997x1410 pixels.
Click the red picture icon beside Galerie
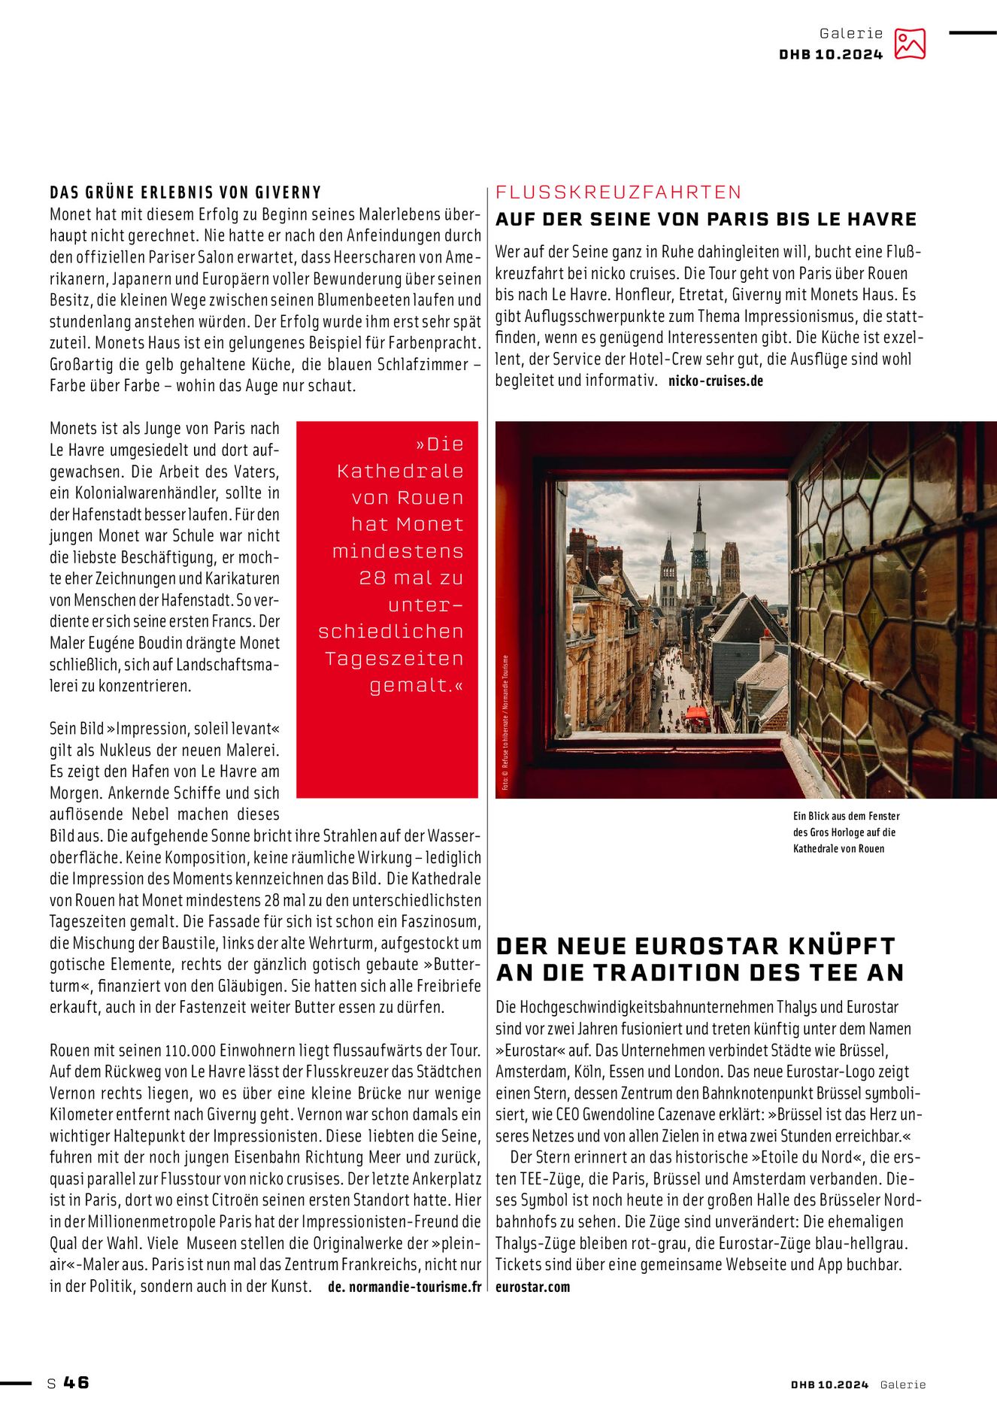(909, 44)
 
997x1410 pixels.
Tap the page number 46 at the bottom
(76, 1382)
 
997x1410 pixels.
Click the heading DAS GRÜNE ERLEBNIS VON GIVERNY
(185, 193)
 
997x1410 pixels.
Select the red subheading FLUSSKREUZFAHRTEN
(618, 193)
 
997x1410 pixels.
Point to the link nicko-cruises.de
(715, 381)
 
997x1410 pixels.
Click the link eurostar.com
(532, 1287)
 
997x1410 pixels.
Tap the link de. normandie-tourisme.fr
(405, 1287)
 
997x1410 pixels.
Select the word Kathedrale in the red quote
(400, 472)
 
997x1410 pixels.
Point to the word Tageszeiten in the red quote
(394, 659)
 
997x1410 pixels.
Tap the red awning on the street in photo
(696, 713)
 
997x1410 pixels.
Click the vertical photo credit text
(506, 722)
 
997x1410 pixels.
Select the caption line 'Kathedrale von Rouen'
(838, 849)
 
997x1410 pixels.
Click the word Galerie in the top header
(851, 34)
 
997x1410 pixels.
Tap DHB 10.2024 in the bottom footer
(829, 1384)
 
